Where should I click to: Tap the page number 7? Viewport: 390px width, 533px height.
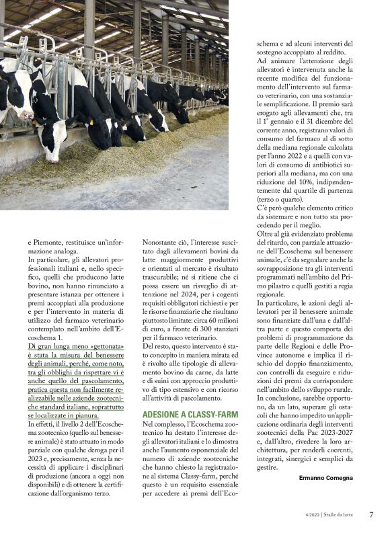coord(371,515)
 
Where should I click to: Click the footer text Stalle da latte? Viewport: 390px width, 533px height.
coord(340,516)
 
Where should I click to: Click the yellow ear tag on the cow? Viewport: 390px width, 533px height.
coord(91,123)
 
